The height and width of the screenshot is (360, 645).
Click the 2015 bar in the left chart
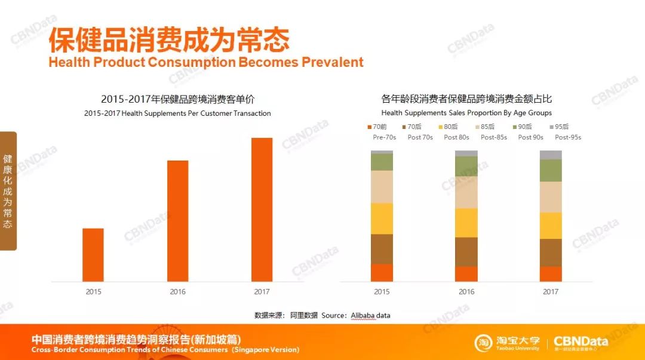[x=93, y=255]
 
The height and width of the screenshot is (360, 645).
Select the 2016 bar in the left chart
[x=177, y=221]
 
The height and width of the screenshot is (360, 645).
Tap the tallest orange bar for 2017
[x=262, y=210]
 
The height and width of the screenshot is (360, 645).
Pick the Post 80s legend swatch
[x=441, y=127]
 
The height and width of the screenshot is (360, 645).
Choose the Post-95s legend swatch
[x=551, y=127]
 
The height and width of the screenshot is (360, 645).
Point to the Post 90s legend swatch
[x=515, y=127]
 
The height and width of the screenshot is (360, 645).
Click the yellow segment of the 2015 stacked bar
[x=382, y=219]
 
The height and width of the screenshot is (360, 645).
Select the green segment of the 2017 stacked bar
[x=551, y=170]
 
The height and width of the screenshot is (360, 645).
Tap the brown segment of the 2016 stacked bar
[x=466, y=252]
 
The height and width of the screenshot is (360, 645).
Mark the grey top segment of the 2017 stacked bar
[x=551, y=155]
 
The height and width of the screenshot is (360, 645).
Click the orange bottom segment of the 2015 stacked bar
[x=382, y=272]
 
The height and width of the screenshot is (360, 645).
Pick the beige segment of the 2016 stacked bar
[x=466, y=192]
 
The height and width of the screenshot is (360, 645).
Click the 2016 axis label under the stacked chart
[x=466, y=292]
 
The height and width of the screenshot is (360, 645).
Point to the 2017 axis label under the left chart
[x=262, y=292]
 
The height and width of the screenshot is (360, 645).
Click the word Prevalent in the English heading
[x=332, y=62]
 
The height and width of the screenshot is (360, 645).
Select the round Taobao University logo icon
[x=484, y=343]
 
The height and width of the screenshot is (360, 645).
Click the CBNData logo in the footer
[x=580, y=342]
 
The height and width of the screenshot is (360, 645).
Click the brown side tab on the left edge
[x=8, y=191]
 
